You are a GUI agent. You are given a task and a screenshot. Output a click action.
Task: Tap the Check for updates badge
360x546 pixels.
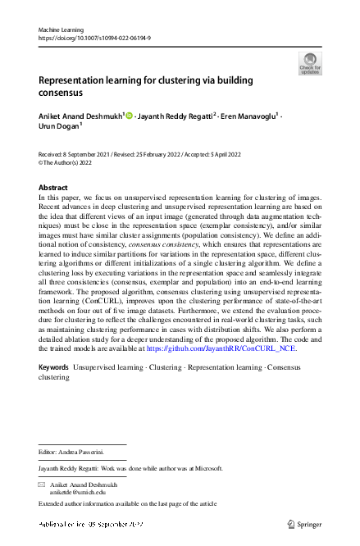click(x=310, y=63)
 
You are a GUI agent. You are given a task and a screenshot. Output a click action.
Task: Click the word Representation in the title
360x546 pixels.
click(x=75, y=80)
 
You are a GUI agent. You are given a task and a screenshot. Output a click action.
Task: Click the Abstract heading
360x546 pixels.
click(x=53, y=188)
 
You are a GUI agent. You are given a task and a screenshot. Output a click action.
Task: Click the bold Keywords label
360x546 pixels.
click(x=54, y=367)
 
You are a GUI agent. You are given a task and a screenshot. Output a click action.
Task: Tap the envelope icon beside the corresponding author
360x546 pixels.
click(x=42, y=485)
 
